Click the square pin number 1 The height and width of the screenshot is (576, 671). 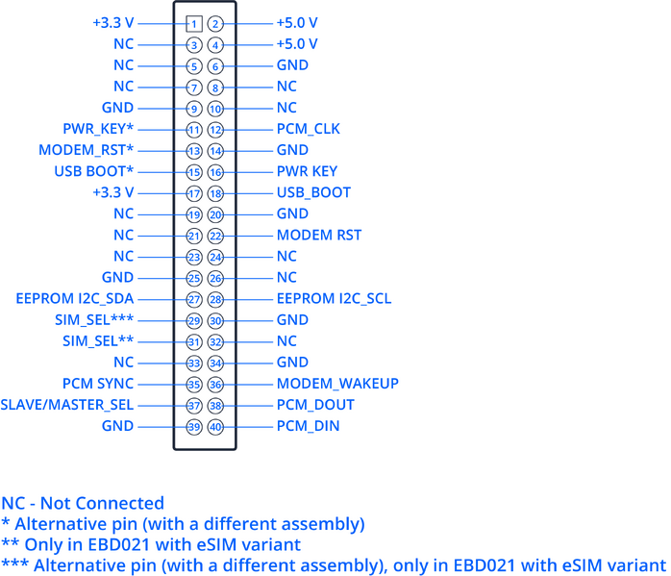[194, 23]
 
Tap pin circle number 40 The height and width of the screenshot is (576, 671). [215, 427]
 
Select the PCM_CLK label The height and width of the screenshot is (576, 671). [309, 129]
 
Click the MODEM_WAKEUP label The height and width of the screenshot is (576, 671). [337, 384]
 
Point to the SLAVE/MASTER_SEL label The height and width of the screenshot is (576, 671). [67, 405]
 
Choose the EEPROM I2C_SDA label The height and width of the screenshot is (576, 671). [75, 299]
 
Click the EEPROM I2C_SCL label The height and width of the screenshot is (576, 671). [334, 299]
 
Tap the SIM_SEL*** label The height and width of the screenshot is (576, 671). [94, 319]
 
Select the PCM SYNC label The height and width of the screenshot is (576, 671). [98, 384]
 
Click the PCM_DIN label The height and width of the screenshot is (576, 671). [309, 426]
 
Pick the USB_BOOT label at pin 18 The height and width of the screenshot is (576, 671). [313, 192]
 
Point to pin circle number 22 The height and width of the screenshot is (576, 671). [215, 236]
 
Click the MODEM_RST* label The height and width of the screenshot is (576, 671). [86, 150]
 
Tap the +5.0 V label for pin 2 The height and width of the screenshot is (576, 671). [297, 23]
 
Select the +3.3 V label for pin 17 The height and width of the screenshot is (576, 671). [113, 192]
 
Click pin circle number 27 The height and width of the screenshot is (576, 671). [194, 300]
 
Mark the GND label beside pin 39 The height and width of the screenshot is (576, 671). [117, 426]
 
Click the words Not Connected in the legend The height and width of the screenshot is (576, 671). [102, 503]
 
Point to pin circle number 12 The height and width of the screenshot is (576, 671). [215, 130]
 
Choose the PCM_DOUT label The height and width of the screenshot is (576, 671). [315, 405]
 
